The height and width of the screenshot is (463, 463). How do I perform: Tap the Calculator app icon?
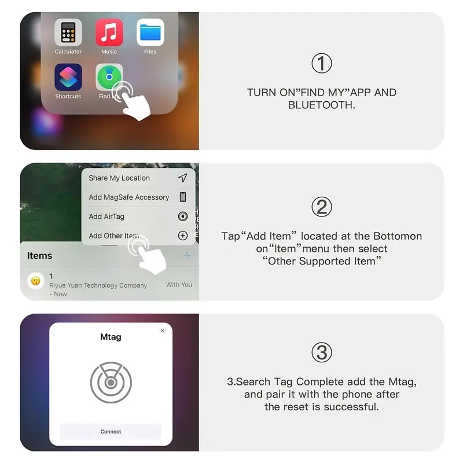(68, 33)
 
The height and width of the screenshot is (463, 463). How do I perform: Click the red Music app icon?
(109, 33)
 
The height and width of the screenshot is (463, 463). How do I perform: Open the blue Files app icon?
(150, 33)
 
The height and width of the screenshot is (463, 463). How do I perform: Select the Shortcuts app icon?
(68, 78)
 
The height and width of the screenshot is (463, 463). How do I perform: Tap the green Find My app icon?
(109, 78)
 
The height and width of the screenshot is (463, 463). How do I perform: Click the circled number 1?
(322, 63)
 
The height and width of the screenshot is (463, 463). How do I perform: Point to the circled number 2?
(322, 207)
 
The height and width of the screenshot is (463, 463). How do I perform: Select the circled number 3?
(322, 352)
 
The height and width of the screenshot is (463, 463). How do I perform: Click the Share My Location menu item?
(119, 178)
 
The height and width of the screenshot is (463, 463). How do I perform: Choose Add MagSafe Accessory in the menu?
(129, 197)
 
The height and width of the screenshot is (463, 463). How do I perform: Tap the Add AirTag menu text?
(106, 216)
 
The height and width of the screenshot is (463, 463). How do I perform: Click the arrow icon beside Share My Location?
(183, 178)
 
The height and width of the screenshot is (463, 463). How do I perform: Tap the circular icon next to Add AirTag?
(183, 216)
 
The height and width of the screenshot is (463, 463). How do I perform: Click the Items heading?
(40, 256)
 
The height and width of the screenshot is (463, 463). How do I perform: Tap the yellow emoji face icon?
(35, 281)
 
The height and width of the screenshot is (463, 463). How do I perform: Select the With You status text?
(179, 285)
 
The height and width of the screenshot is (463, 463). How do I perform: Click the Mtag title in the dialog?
(111, 337)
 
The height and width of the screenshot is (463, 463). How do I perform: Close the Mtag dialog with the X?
(163, 331)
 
